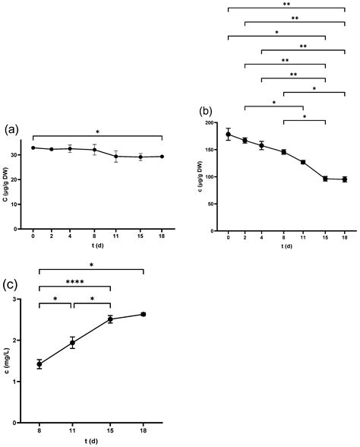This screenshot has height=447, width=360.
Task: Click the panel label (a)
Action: click(x=11, y=130)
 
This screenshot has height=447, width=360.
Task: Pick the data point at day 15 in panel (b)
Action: click(x=325, y=179)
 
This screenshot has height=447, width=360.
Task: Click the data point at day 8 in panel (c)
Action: click(x=39, y=364)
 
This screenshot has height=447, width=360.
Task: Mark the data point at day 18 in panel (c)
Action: click(x=143, y=314)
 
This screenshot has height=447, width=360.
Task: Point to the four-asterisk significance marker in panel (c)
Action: click(x=75, y=283)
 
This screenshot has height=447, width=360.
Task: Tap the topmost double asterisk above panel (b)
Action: click(x=285, y=5)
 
